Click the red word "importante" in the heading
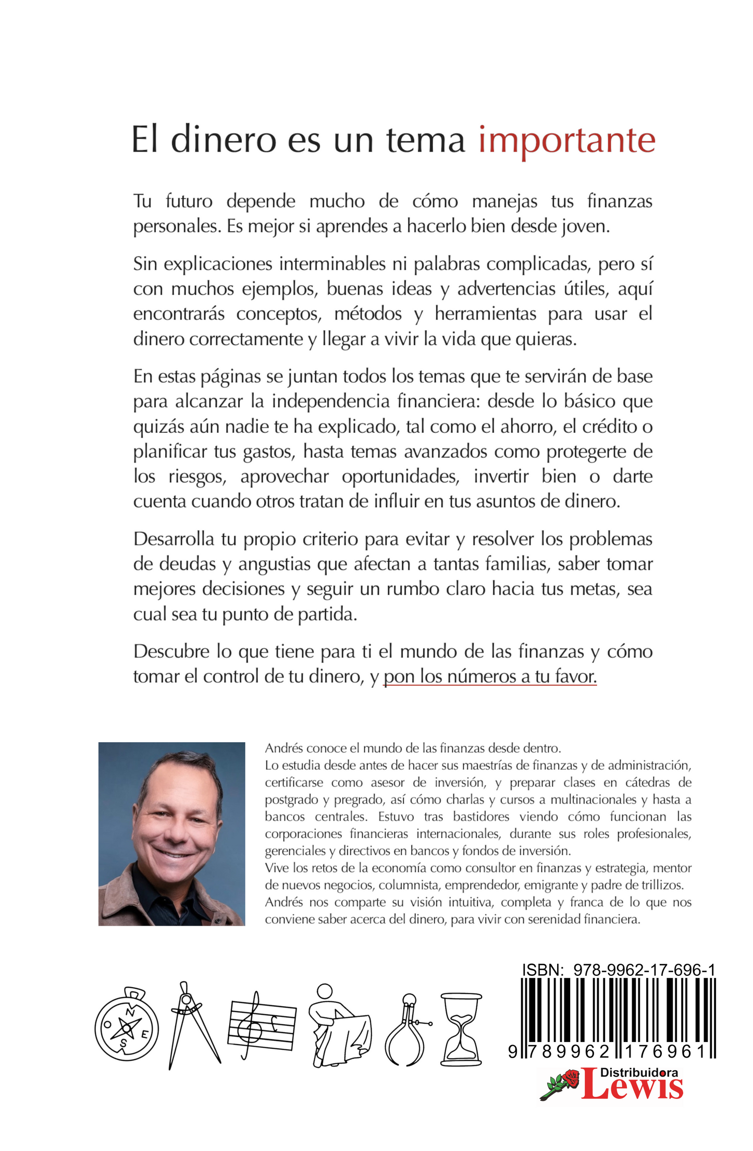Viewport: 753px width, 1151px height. click(566, 140)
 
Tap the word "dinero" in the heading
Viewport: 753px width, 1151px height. click(224, 140)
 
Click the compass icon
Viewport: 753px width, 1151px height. click(127, 1024)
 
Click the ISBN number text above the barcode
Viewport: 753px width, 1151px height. click(619, 970)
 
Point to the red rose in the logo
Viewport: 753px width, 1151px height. click(570, 1077)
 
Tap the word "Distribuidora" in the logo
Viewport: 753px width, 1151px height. click(639, 1072)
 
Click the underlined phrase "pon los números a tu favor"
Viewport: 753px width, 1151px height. click(490, 676)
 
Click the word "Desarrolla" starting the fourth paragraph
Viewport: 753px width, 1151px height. click(174, 539)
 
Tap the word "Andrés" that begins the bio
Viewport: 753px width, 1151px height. click(283, 748)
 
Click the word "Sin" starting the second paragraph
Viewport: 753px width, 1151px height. click(145, 264)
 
